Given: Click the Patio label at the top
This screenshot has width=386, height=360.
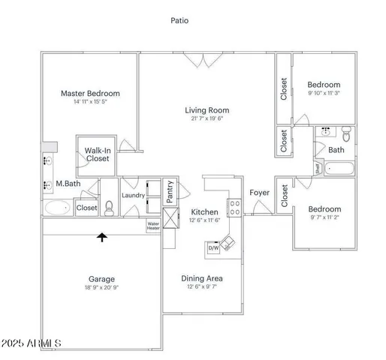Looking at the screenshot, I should coord(179,21).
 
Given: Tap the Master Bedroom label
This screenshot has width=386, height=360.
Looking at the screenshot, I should coord(90,94).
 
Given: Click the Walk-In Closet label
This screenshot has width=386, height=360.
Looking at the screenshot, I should coord(97,154).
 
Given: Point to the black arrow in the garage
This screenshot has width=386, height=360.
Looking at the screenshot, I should coord(101,238).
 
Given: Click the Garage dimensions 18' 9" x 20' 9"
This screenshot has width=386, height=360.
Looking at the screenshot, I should coord(101,288).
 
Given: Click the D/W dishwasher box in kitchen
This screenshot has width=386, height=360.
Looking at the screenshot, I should coord(213,247).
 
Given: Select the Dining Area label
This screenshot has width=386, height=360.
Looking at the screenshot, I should coord(201,279).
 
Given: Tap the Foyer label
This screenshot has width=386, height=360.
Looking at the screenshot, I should coord(259,193).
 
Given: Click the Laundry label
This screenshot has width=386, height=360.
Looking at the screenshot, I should coord(133,196).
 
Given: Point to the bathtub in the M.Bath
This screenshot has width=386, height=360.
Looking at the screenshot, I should coord(58,208).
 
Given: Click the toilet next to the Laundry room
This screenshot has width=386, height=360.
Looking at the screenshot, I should coord(109,207).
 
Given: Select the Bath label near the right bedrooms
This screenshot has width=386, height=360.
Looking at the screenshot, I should coord(336,150).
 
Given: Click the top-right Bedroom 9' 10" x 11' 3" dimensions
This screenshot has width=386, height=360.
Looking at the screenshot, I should coord(324,94).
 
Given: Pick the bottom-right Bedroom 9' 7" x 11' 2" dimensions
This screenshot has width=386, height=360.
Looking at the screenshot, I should coord(324,218).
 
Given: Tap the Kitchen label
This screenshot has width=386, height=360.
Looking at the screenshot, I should coord(204,212).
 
